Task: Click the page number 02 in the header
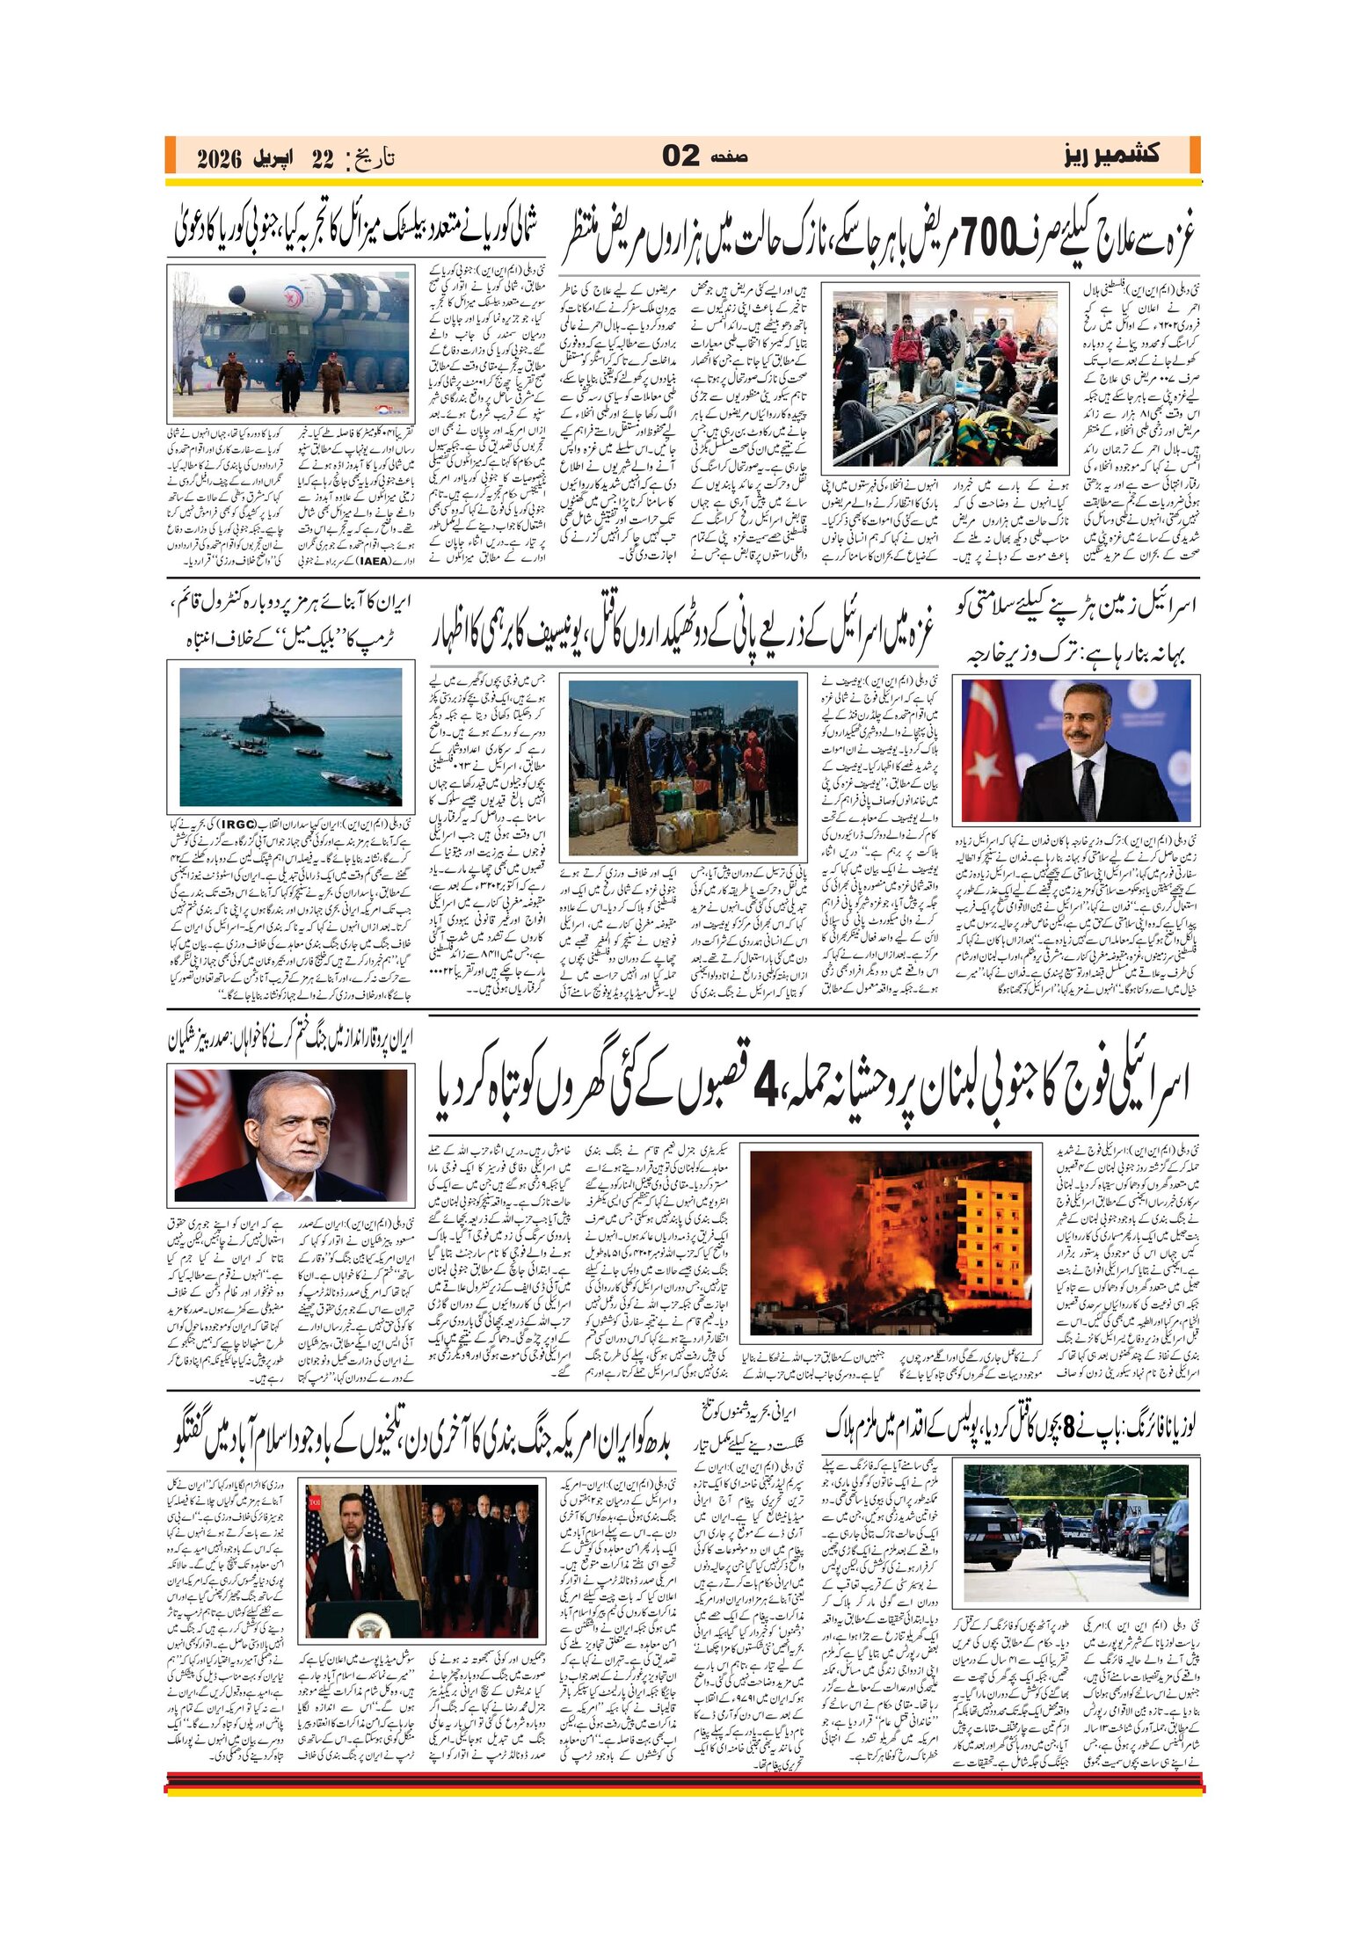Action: click(680, 156)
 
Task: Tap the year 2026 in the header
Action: click(219, 159)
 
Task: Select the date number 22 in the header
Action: click(323, 159)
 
